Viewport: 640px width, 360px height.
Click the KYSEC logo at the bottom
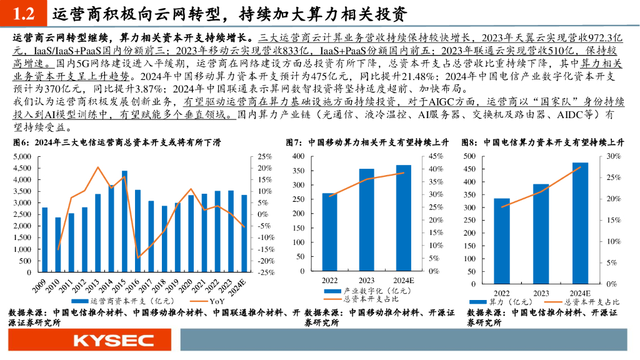coord(113,341)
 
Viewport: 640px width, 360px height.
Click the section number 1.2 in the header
coord(24,13)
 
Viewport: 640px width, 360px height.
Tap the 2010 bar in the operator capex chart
coord(58,245)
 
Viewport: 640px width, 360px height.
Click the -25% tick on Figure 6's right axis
coord(266,272)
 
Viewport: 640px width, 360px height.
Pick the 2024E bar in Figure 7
coord(404,218)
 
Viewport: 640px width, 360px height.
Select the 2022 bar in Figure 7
coord(330,232)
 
